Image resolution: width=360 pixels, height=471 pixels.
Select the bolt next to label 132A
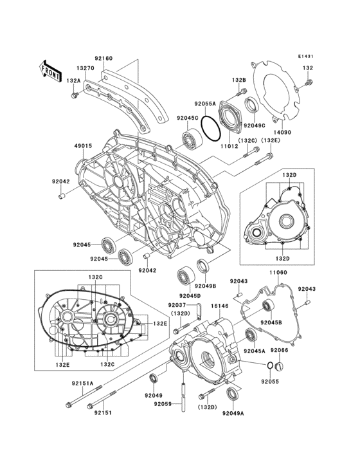75,95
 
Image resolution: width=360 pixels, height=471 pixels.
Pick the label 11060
277,273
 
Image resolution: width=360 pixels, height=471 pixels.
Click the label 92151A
82,383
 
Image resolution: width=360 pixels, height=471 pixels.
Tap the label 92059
163,404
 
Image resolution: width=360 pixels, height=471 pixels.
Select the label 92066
279,350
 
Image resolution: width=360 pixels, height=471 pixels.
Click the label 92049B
205,286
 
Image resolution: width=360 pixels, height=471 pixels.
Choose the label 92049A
234,413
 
